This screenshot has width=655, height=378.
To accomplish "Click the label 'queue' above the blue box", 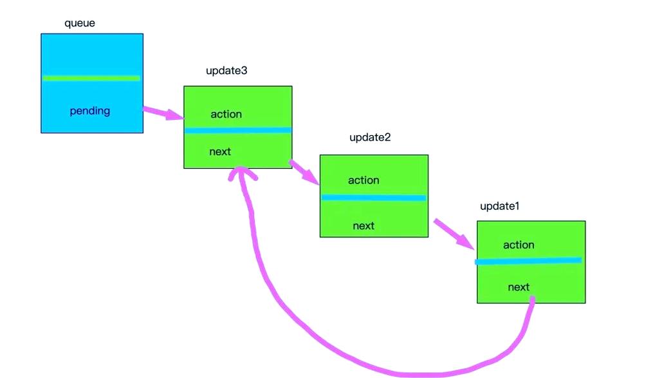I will click(80, 24).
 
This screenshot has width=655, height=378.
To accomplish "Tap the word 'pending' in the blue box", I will click(90, 111).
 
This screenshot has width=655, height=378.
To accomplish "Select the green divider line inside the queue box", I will click(91, 78).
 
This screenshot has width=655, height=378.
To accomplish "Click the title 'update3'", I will click(226, 71).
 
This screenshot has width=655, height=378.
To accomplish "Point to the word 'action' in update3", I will click(226, 114).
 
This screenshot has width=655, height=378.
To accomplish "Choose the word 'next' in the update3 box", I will click(220, 152).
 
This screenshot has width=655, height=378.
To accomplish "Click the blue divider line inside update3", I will click(238, 130).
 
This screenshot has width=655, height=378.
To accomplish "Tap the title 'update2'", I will click(370, 137).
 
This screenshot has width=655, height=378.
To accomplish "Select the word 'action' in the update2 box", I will click(364, 180).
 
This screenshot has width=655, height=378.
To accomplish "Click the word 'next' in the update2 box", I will click(364, 225).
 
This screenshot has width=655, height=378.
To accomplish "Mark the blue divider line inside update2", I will click(374, 198).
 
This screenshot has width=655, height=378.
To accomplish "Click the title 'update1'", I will click(499, 207).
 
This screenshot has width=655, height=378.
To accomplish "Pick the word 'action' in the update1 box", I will click(519, 245).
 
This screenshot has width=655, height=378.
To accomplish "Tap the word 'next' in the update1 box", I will click(519, 287).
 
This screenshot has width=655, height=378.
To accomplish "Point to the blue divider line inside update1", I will click(528, 261).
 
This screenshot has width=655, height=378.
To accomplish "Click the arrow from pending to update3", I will click(163, 113).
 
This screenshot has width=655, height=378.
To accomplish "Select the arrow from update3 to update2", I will click(305, 173).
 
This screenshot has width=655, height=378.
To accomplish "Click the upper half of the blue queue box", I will click(91, 55).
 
